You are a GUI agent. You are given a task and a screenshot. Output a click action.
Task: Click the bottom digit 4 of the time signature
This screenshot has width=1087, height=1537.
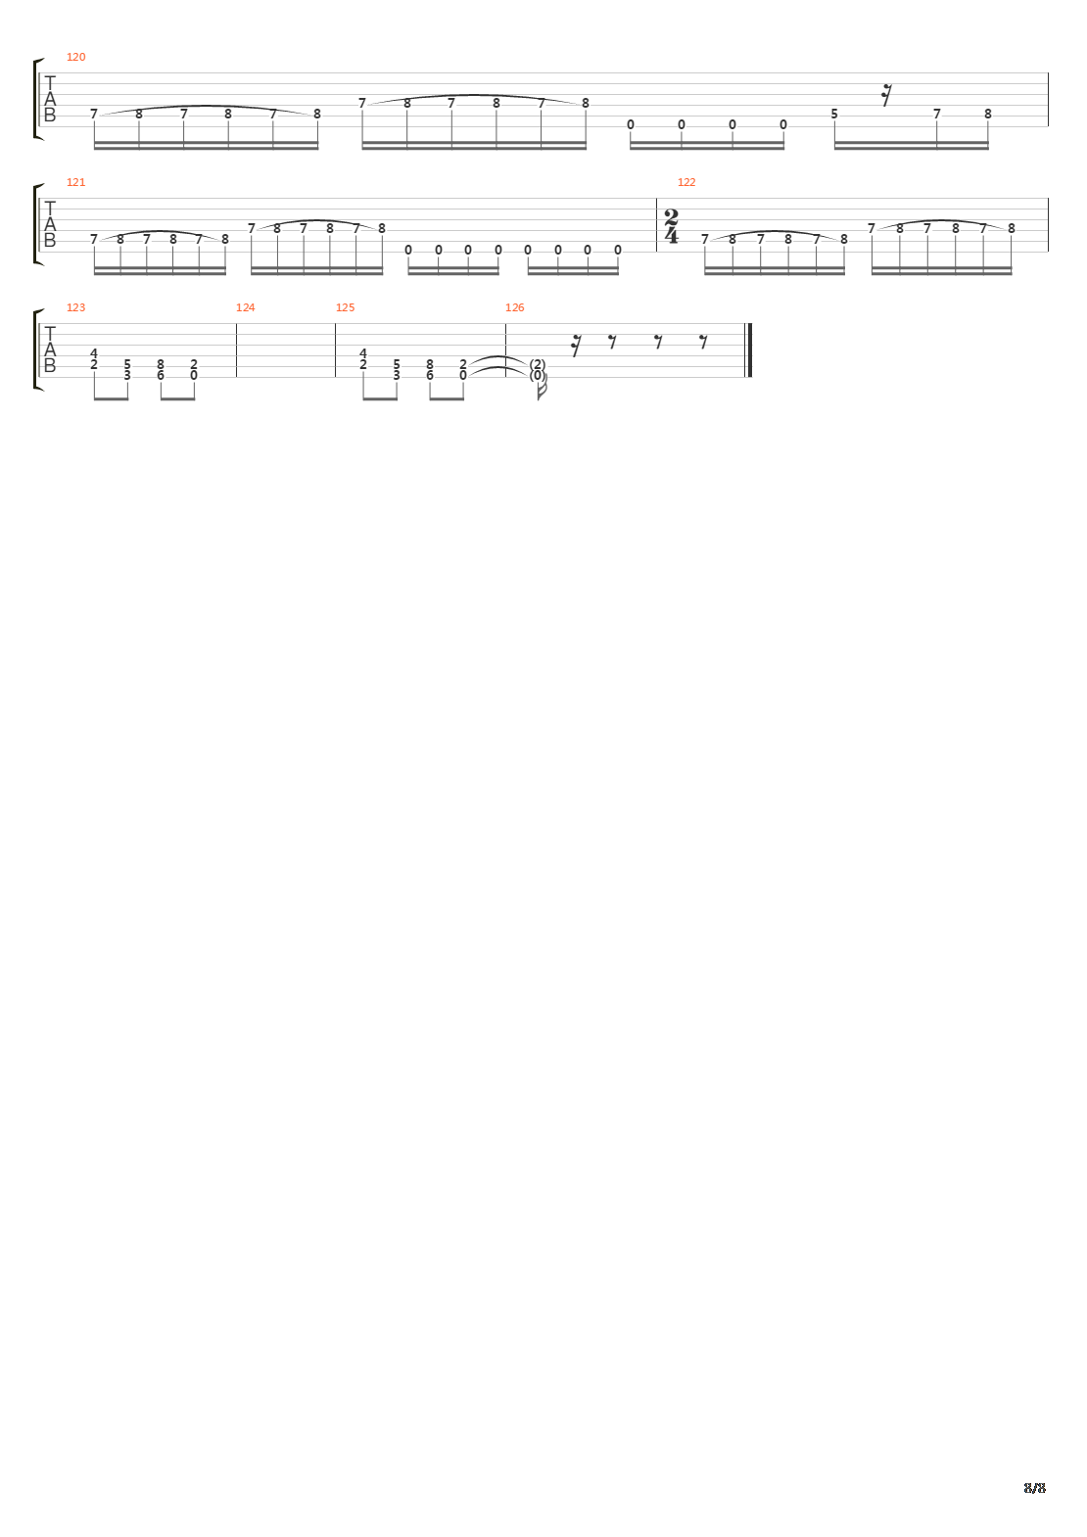pyautogui.click(x=672, y=236)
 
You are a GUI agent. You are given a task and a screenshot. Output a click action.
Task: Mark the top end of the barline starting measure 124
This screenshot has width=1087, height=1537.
pyautogui.click(x=236, y=323)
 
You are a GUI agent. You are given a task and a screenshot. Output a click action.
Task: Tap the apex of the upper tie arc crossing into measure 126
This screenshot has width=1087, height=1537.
pyautogui.click(x=500, y=357)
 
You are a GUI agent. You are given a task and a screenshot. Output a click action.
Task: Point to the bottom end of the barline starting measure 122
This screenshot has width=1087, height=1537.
pyautogui.click(x=657, y=252)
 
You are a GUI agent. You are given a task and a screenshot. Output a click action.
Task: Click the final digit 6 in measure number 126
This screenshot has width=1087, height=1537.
pyautogui.click(x=522, y=307)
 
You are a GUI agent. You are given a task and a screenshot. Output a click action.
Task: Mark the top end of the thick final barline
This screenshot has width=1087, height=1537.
pyautogui.click(x=750, y=323)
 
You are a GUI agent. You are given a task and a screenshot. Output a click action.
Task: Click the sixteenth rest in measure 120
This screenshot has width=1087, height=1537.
pyautogui.click(x=886, y=95)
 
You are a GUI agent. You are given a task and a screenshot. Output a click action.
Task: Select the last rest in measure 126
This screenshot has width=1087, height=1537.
pyautogui.click(x=703, y=341)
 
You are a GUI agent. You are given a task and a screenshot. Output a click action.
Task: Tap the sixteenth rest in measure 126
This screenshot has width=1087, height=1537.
pyautogui.click(x=576, y=346)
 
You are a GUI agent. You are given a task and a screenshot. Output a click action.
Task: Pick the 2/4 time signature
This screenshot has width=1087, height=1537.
pyautogui.click(x=672, y=227)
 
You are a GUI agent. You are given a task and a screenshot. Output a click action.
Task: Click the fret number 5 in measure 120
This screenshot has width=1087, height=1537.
pyautogui.click(x=834, y=114)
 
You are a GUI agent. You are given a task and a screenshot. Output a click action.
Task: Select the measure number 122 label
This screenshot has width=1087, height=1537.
pyautogui.click(x=686, y=182)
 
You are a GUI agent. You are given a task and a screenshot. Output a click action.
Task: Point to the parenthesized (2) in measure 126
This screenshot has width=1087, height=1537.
pyautogui.click(x=538, y=364)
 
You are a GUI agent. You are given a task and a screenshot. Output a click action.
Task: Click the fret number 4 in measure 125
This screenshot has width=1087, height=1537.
pyautogui.click(x=363, y=353)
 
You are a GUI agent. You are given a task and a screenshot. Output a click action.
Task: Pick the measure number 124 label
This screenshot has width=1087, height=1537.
pyautogui.click(x=245, y=307)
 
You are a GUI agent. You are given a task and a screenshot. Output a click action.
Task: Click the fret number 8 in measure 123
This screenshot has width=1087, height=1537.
pyautogui.click(x=161, y=364)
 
